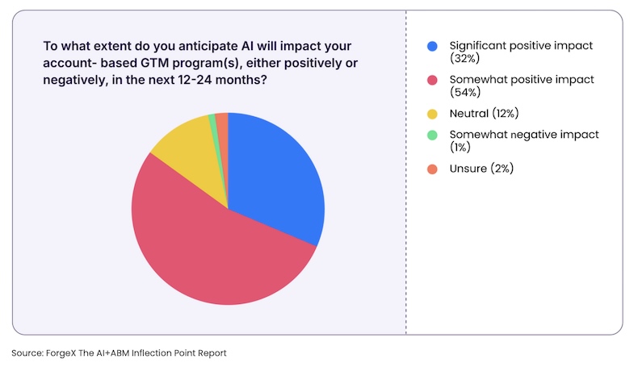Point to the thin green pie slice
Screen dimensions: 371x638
pos(212,121)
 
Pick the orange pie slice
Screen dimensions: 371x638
pos(222,121)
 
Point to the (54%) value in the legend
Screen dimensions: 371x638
pos(460,93)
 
